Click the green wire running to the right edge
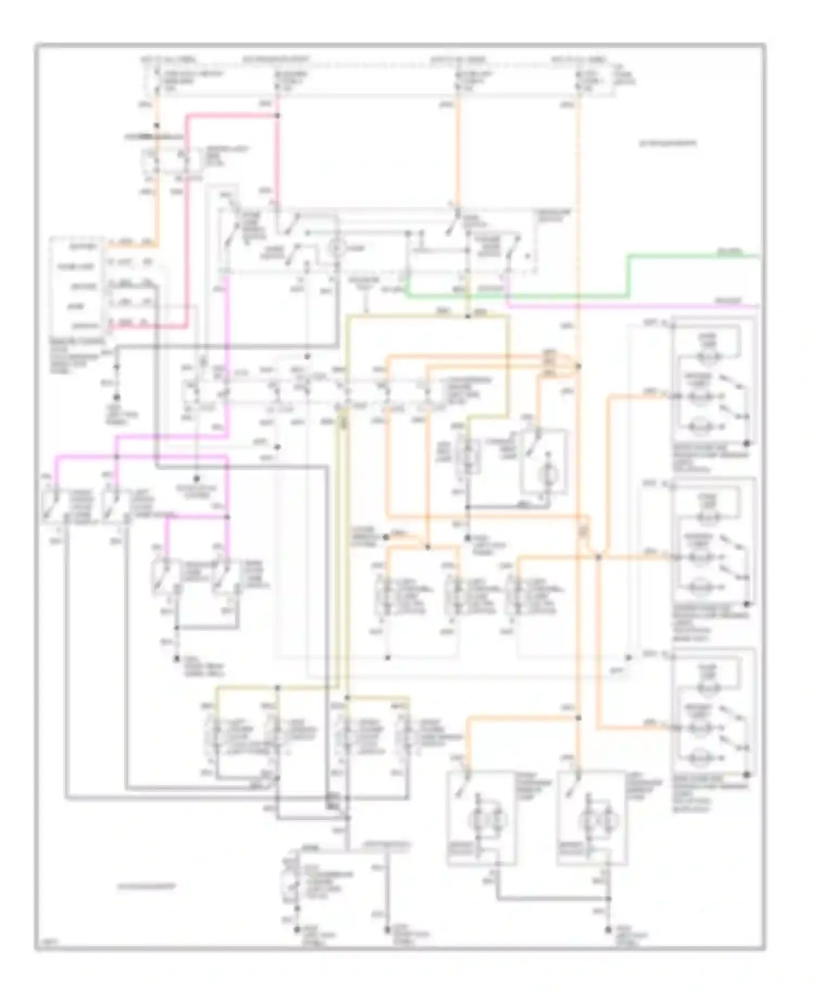click(x=695, y=255)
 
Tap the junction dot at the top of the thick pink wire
click(x=277, y=115)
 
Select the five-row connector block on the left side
click(x=76, y=285)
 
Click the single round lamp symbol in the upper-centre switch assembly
click(x=336, y=249)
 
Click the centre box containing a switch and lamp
click(x=543, y=462)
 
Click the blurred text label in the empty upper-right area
click(x=667, y=144)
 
